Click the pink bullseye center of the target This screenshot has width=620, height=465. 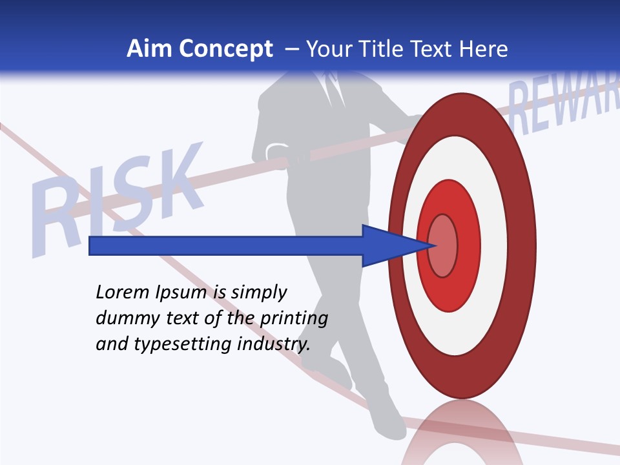[443, 245]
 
